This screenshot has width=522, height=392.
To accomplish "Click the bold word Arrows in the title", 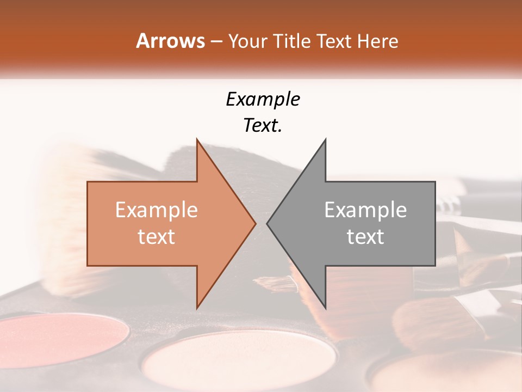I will (x=170, y=41).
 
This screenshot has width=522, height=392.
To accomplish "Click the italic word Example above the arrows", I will (x=263, y=100).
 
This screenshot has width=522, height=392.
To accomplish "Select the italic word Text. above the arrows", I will (x=263, y=126).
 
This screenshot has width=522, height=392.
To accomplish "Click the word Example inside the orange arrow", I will (x=157, y=210).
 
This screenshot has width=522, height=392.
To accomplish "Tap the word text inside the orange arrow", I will (x=157, y=237).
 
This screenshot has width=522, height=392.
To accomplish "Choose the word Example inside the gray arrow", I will (x=365, y=210).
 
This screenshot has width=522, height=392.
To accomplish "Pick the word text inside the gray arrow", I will (x=365, y=237).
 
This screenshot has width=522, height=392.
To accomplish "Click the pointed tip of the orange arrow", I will (x=255, y=223).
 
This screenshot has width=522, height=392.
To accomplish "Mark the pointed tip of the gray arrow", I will (x=268, y=223).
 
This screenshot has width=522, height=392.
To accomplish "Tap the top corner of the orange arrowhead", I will (x=197, y=140).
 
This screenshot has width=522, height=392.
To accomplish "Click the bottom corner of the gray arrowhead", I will (x=325, y=307).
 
